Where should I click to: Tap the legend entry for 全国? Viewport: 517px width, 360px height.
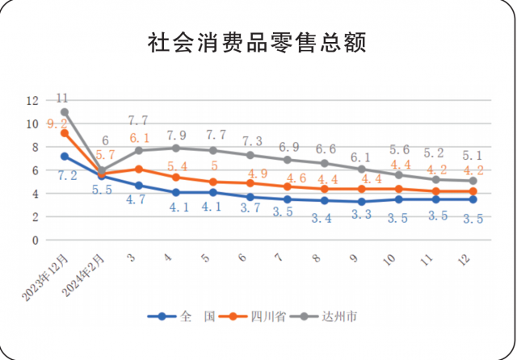(x=187, y=317)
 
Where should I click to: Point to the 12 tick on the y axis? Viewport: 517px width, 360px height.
(x=32, y=101)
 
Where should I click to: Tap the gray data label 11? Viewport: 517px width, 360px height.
(x=63, y=98)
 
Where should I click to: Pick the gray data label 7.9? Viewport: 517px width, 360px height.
(x=175, y=134)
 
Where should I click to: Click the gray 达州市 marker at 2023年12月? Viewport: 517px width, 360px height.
(x=64, y=112)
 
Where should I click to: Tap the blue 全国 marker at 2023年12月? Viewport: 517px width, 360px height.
(x=64, y=156)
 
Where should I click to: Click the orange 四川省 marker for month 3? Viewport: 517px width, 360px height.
(x=138, y=169)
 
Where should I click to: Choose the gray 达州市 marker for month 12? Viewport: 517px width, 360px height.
(x=472, y=181)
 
